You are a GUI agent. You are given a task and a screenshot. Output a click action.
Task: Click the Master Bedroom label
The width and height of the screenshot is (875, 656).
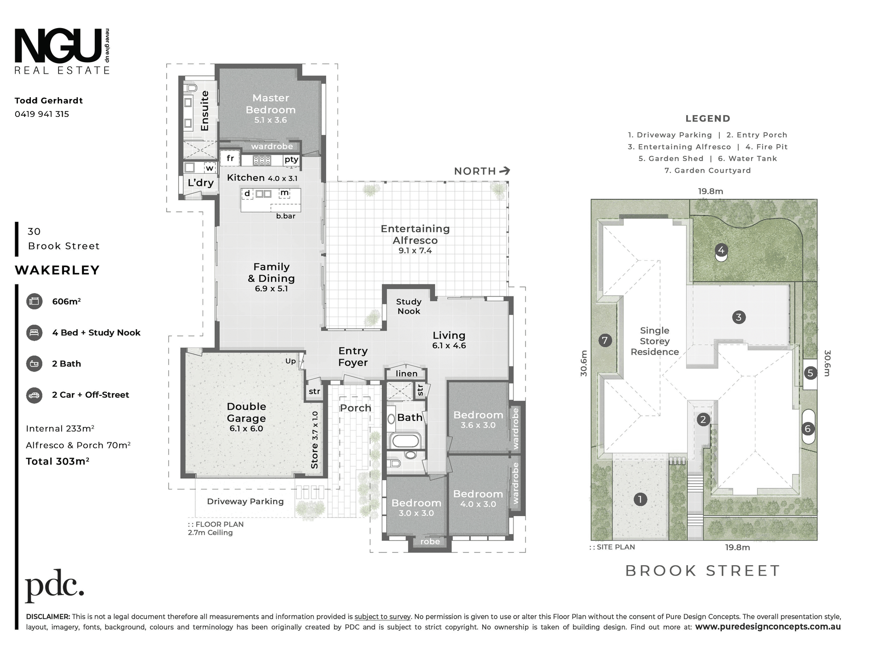(x=271, y=104)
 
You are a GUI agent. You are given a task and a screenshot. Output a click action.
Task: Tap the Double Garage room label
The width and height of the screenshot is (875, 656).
(x=246, y=412)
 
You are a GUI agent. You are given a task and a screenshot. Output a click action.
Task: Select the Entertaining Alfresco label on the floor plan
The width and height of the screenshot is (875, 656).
(x=415, y=234)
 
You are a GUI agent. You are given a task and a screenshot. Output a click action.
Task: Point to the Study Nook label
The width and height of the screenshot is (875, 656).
(x=409, y=306)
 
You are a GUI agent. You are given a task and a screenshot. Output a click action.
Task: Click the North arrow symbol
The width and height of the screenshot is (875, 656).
(x=505, y=171)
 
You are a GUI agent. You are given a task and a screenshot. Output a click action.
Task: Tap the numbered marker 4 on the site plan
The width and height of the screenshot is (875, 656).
(x=721, y=250)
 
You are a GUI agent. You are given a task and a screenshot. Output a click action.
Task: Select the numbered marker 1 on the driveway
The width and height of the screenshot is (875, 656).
(x=640, y=499)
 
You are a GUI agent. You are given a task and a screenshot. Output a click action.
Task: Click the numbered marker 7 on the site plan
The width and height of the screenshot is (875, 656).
(x=605, y=340)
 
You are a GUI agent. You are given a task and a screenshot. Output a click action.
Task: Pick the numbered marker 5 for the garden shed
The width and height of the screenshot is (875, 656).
(x=811, y=373)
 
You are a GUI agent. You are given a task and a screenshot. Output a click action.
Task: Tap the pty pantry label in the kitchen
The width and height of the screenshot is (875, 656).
(x=292, y=159)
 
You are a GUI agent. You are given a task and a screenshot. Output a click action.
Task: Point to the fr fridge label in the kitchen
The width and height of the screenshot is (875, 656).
(x=230, y=158)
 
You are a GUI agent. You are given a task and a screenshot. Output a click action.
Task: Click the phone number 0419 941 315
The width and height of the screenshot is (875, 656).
(x=42, y=114)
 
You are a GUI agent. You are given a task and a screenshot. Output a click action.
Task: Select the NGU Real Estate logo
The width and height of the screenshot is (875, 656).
(x=62, y=51)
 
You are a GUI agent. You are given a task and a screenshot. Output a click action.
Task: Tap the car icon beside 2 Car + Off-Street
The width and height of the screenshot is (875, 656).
(x=34, y=395)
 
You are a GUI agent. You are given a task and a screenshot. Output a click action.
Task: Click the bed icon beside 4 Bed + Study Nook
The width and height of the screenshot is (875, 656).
(x=34, y=332)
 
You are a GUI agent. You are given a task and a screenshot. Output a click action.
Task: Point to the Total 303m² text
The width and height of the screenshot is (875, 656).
(x=58, y=461)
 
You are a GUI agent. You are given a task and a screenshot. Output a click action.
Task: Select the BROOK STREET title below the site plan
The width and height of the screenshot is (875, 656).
(x=703, y=571)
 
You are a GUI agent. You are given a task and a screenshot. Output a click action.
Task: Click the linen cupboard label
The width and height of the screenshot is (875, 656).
(x=407, y=373)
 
